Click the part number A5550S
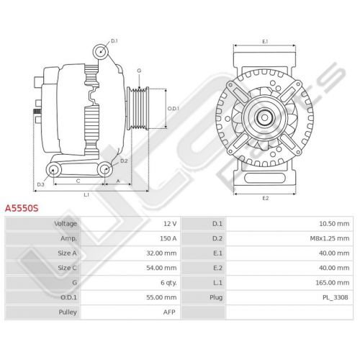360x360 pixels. click(22, 208)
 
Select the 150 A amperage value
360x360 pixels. click(168, 238)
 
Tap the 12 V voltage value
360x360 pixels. click(170, 224)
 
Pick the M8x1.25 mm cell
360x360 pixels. click(330, 238)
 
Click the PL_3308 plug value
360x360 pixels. click(336, 297)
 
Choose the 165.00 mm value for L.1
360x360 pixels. click(333, 283)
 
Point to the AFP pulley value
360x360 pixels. click(169, 312)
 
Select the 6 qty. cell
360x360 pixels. click(168, 283)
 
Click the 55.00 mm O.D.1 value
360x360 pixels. click(161, 297)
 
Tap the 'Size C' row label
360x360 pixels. click(67, 268)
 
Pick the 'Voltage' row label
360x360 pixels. click(66, 224)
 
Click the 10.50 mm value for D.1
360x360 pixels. click(334, 224)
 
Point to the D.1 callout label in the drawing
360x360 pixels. click(114, 41)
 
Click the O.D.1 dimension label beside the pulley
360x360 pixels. click(174, 109)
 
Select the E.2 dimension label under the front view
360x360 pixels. click(266, 198)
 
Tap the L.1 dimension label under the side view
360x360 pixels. click(86, 195)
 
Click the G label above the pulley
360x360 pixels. click(139, 71)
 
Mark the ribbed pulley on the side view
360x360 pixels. click(138, 109)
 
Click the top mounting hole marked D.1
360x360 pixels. click(100, 52)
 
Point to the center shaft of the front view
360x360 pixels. click(264, 117)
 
